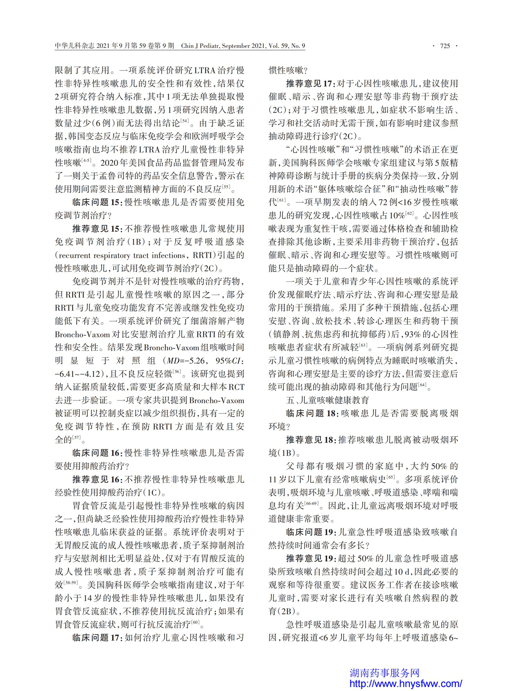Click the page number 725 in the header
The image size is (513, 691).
point(445,46)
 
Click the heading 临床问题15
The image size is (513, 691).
point(97,202)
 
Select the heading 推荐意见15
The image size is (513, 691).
point(97,228)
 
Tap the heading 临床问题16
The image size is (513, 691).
point(97,453)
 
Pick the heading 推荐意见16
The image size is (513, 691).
point(97,479)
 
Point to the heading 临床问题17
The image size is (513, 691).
point(97,638)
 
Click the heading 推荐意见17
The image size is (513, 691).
point(311,83)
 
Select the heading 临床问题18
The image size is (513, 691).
point(311,413)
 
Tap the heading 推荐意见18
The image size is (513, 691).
point(311,440)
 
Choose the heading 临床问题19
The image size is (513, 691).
point(311,532)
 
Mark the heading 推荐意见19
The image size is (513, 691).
point(311,558)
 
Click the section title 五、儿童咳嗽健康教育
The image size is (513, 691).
point(327,400)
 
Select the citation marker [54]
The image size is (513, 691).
point(185,121)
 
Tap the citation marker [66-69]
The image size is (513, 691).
point(311,504)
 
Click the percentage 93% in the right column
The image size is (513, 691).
point(407,334)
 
